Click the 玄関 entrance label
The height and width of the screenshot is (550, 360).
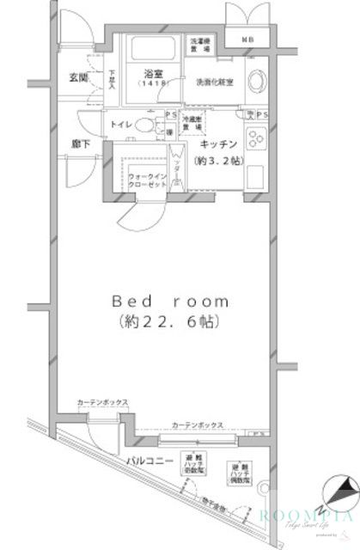coord(80,79)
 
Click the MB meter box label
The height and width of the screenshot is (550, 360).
coord(247,40)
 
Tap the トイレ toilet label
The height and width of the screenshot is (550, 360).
coord(120,125)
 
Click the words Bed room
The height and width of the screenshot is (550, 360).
coord(171,302)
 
